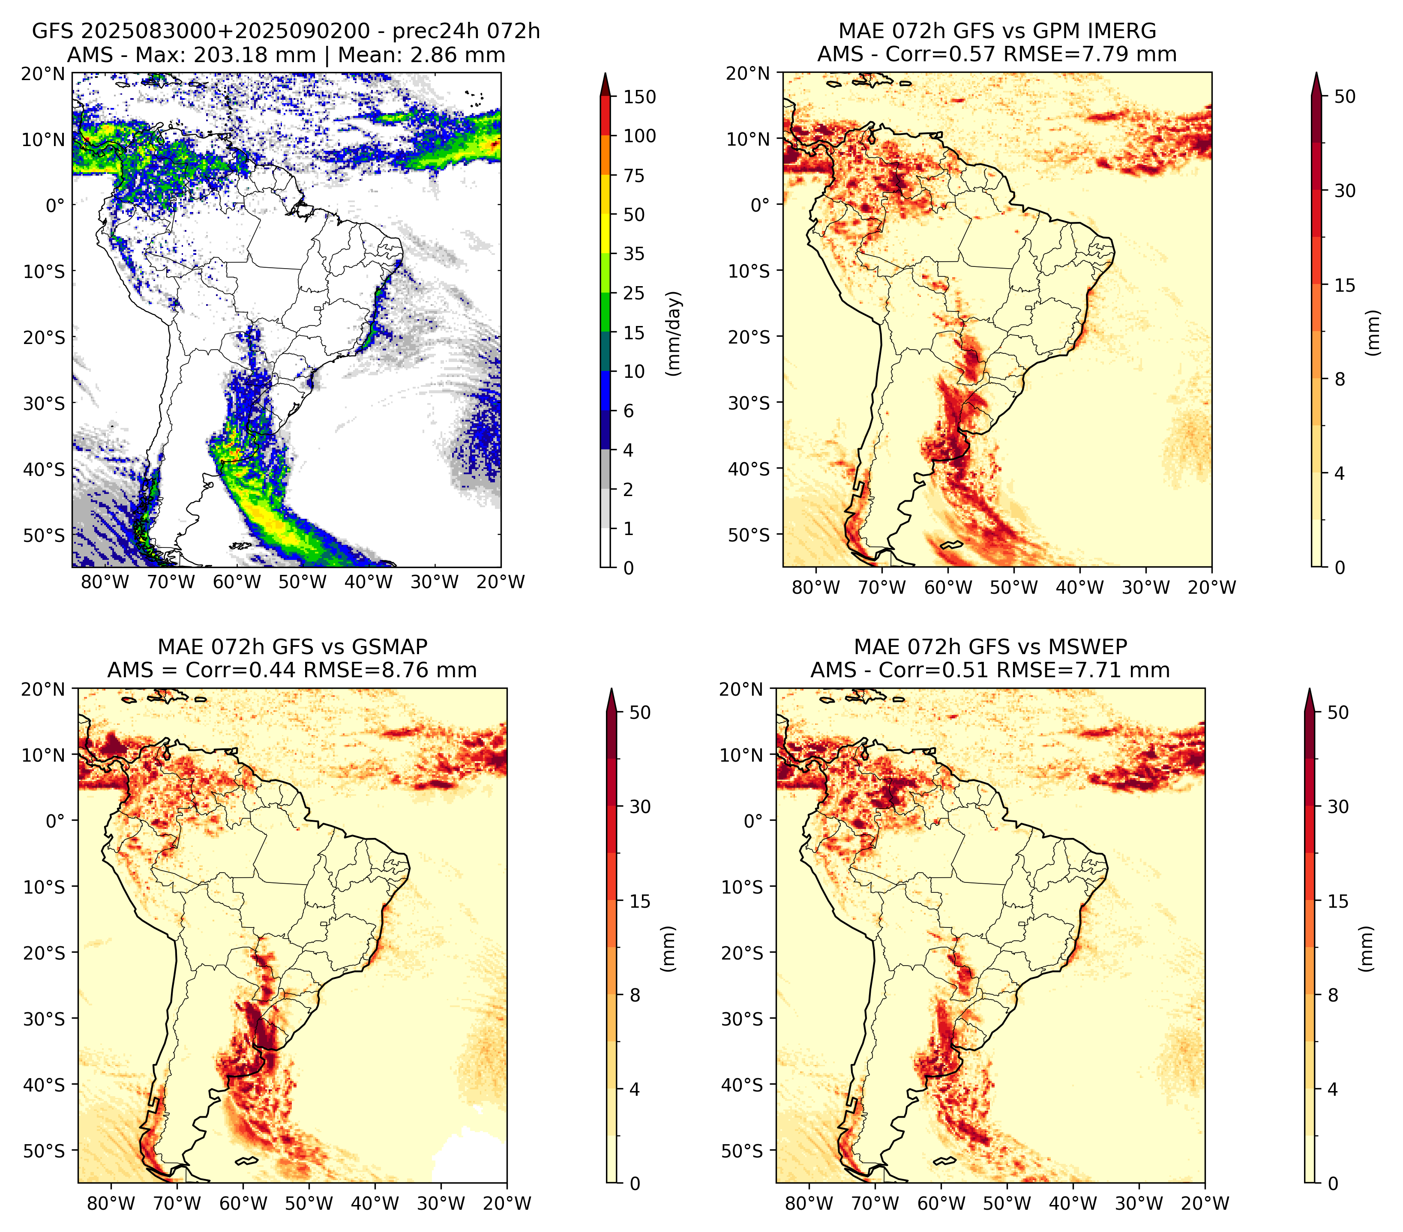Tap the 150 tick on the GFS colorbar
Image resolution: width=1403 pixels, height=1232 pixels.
coord(639,97)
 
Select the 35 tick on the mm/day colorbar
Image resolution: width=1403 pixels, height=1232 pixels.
coord(633,254)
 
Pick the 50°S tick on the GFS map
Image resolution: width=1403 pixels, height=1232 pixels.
coord(44,535)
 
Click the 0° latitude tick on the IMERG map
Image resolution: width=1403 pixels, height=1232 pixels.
coord(761,204)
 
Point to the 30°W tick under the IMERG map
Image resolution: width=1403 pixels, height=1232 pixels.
coord(1145,588)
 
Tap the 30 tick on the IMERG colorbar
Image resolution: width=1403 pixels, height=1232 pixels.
coord(1345,191)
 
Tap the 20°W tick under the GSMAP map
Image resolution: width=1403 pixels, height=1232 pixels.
coord(507,1204)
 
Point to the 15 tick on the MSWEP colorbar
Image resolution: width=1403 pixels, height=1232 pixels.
coord(1338,901)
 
